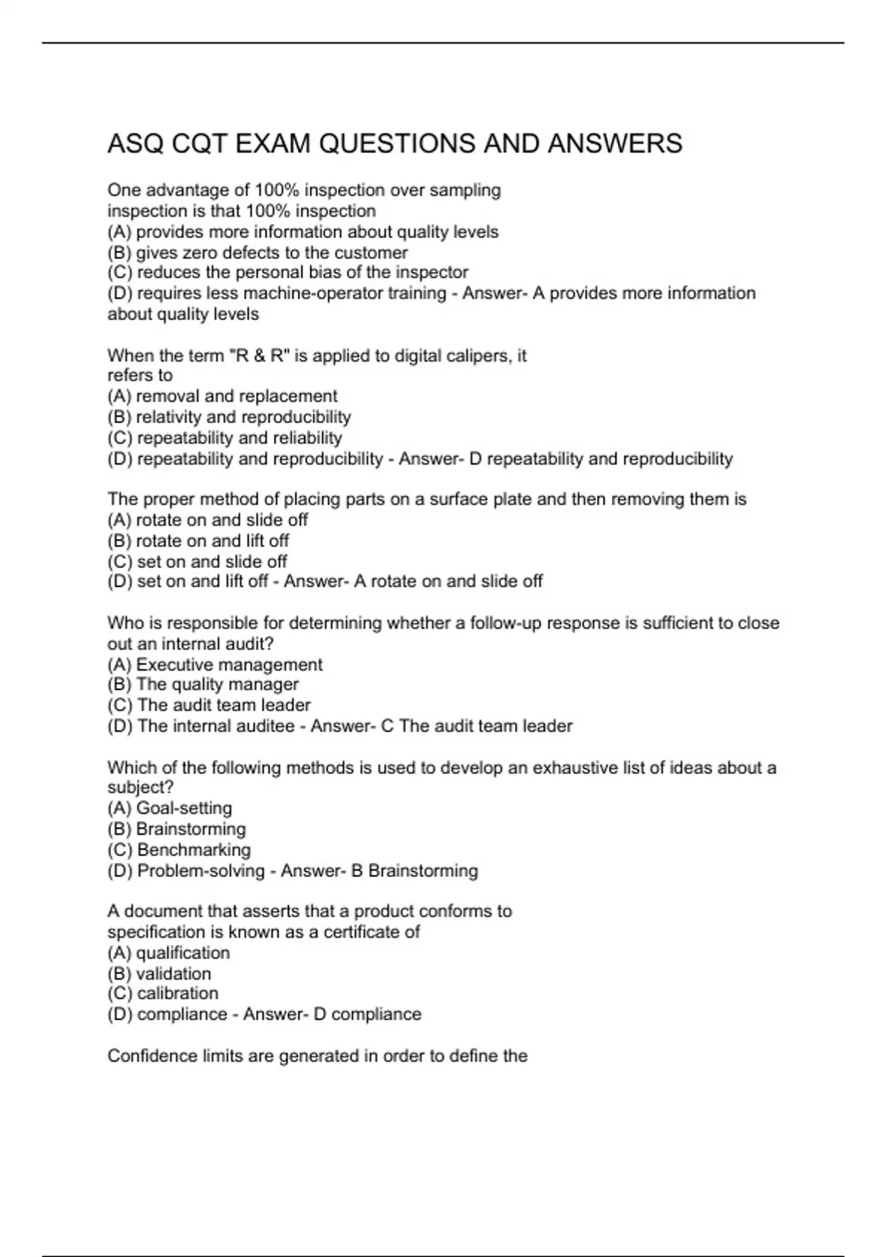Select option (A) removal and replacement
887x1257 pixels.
(x=222, y=396)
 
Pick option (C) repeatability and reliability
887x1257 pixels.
(x=225, y=438)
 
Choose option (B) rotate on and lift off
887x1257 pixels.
(x=198, y=541)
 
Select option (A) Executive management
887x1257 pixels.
(x=215, y=665)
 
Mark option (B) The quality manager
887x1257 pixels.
(x=203, y=685)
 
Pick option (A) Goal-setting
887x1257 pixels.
(x=170, y=808)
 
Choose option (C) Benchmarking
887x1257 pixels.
(x=180, y=850)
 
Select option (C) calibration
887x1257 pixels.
(x=163, y=993)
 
